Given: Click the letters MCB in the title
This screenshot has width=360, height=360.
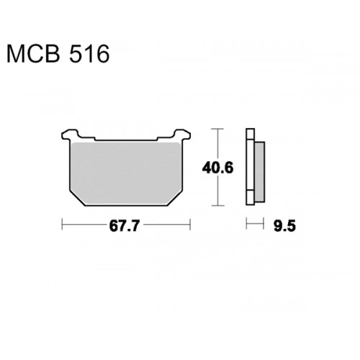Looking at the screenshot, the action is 33,54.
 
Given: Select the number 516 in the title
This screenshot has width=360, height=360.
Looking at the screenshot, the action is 89,54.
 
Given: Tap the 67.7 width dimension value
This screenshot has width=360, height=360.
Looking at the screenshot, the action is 124,226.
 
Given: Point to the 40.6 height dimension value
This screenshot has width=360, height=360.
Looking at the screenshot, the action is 217,168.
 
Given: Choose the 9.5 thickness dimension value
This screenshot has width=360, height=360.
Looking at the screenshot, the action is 284,226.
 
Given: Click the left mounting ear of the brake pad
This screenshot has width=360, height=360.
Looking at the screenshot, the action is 70,134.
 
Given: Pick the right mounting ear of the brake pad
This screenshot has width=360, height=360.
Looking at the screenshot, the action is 182,134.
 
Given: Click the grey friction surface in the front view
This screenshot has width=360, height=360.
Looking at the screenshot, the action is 126,174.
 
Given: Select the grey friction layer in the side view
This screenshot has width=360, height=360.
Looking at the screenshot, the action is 259,171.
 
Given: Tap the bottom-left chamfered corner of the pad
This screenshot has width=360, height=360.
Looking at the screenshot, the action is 77,198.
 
